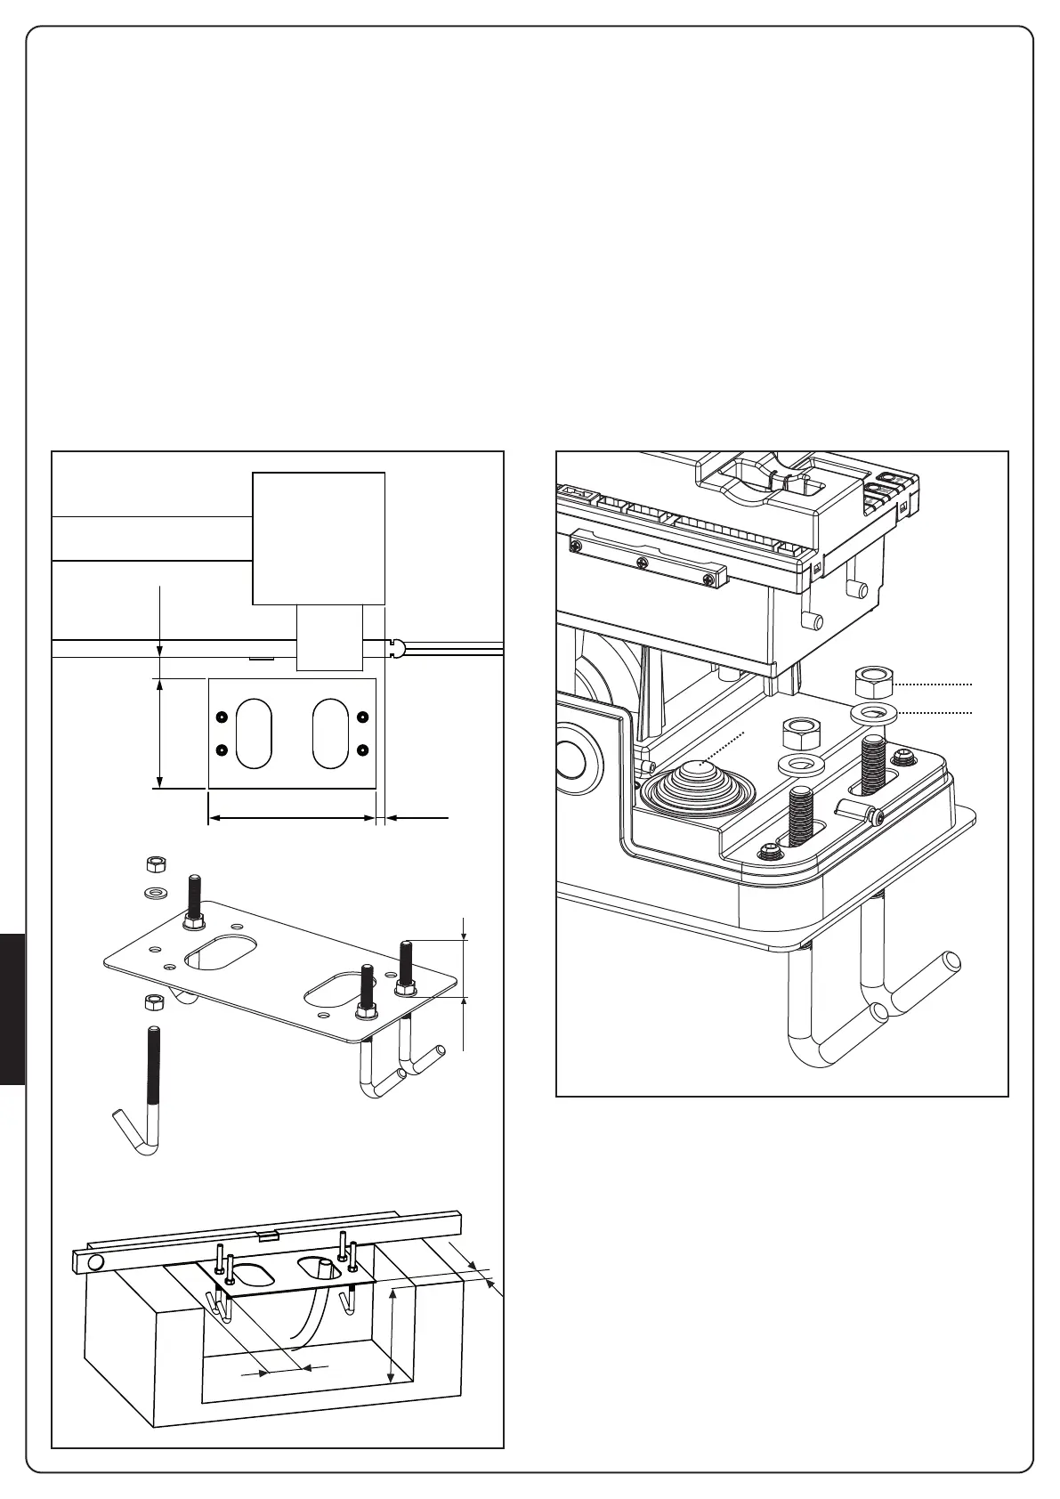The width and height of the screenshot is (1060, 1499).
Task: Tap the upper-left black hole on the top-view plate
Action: pos(222,717)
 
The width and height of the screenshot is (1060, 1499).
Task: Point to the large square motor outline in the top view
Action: pos(319,539)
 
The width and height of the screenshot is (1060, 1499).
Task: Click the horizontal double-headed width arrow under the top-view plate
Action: pos(291,817)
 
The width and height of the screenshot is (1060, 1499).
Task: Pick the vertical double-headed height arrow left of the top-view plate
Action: pos(158,733)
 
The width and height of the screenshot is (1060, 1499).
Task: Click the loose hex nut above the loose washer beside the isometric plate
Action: pos(156,864)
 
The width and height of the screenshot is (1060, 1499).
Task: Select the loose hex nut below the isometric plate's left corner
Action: pos(153,1001)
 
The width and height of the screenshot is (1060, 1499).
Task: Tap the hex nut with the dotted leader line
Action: pos(873,683)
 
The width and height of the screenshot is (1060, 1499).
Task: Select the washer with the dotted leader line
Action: pos(873,712)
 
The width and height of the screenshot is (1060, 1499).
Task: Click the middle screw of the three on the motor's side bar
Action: pos(641,562)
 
